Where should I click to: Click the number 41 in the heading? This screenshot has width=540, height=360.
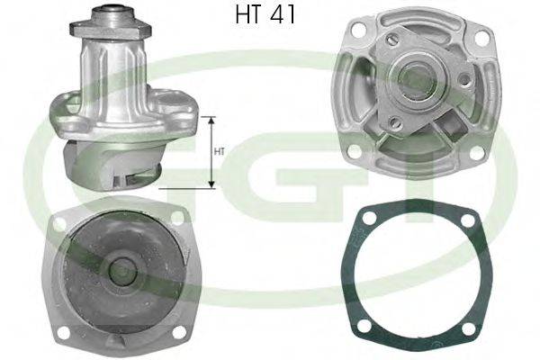pos(283,16)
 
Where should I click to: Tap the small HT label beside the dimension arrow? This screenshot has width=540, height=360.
pos(219,152)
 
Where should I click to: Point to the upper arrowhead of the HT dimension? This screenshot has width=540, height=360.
pos(212,121)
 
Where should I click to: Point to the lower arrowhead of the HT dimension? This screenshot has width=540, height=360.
pos(212,184)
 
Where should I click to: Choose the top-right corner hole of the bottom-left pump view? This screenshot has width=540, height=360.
pos(177,216)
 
